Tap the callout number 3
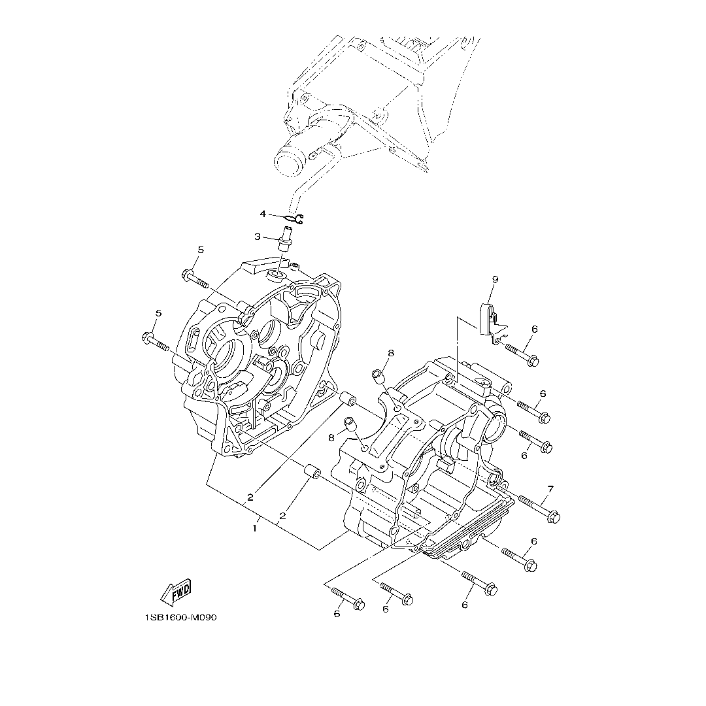pyautogui.click(x=258, y=237)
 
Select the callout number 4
pyautogui.click(x=263, y=214)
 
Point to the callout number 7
pyautogui.click(x=550, y=489)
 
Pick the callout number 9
pyautogui.click(x=495, y=279)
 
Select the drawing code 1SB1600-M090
pyautogui.click(x=181, y=617)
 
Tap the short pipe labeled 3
pyautogui.click(x=285, y=239)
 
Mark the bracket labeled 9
pyautogui.click(x=489, y=320)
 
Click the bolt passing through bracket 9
pyautogui.click(x=520, y=354)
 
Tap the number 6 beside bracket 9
pyautogui.click(x=534, y=329)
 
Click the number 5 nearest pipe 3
pyautogui.click(x=201, y=250)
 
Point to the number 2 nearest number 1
pyautogui.click(x=282, y=516)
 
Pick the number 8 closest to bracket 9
pyautogui.click(x=391, y=353)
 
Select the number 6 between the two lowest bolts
pyautogui.click(x=386, y=609)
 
